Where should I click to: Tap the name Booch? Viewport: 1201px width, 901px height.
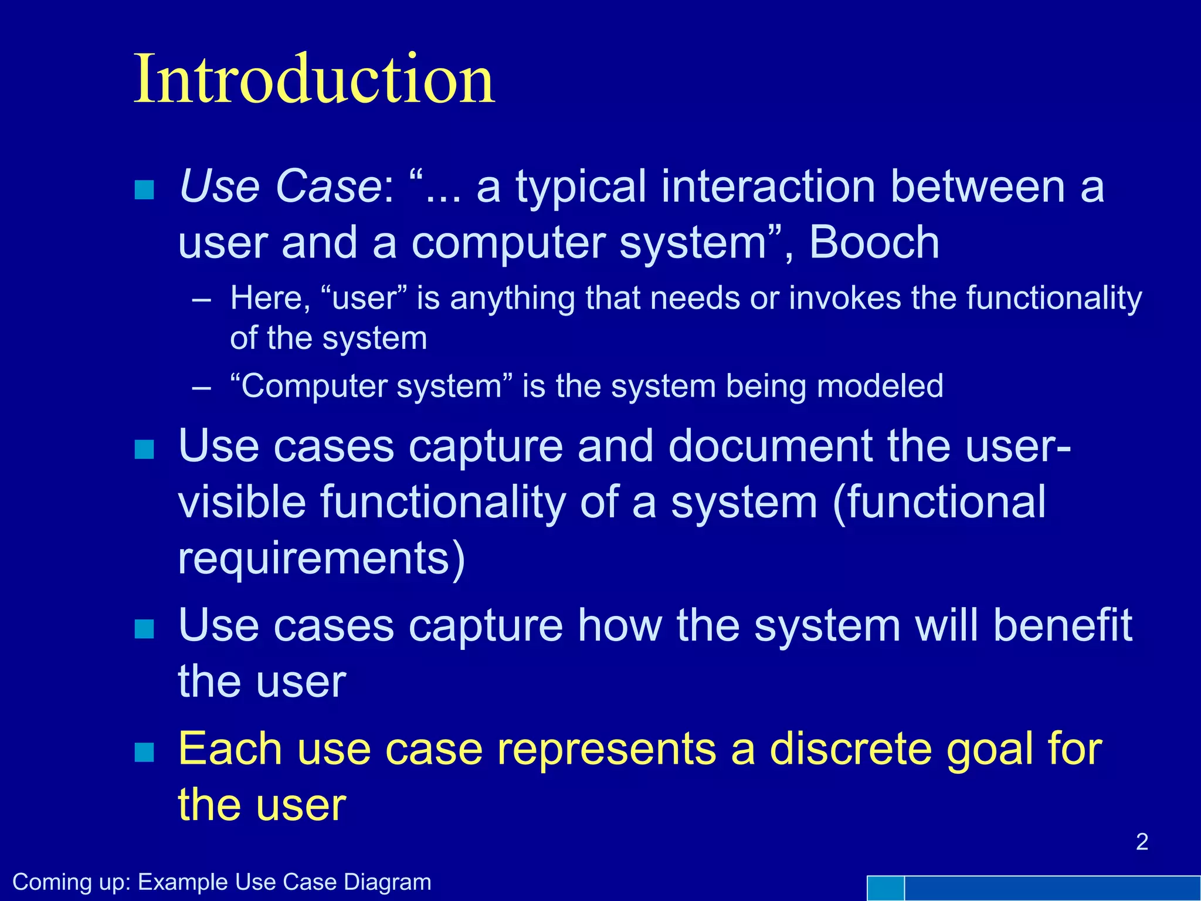click(x=874, y=243)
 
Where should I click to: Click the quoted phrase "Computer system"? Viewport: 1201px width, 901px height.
click(x=372, y=387)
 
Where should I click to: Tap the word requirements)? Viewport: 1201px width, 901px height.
click(x=321, y=558)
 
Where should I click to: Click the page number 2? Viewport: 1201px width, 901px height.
click(x=1142, y=842)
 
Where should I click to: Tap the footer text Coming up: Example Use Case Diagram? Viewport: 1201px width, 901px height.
click(x=222, y=882)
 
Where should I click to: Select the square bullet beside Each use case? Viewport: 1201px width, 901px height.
click(x=144, y=752)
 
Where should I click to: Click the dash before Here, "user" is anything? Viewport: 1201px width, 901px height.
click(x=201, y=299)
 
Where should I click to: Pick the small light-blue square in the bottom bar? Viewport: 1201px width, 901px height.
click(x=885, y=888)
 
